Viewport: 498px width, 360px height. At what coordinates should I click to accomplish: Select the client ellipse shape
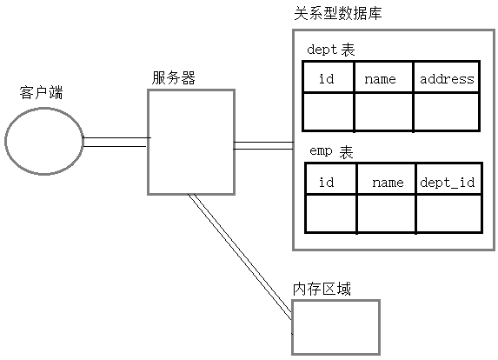point(43,142)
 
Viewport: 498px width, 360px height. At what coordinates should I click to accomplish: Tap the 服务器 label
point(173,77)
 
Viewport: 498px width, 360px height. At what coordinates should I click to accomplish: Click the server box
point(190,141)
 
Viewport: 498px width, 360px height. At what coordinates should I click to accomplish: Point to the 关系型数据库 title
point(337,15)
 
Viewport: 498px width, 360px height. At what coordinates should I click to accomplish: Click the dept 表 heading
point(331,50)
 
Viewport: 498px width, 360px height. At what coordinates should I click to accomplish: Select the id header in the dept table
point(327,79)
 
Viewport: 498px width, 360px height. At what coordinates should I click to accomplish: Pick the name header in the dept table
point(381,79)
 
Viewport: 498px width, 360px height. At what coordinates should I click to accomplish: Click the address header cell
point(447,79)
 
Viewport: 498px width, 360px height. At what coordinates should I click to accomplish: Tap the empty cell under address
point(447,111)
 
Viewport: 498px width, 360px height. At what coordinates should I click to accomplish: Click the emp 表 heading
point(331,151)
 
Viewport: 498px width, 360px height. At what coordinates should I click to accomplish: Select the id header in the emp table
point(327,183)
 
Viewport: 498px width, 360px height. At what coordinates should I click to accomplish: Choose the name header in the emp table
point(388,183)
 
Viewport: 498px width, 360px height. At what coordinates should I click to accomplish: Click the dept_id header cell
point(448,183)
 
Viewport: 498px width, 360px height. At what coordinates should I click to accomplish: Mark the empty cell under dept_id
point(448,213)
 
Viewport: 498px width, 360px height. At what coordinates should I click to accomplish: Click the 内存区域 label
point(322,289)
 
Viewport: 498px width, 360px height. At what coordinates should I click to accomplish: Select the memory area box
point(335,327)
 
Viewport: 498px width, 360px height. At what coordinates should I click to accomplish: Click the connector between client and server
point(115,142)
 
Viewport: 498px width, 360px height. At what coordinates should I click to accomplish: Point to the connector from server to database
point(263,145)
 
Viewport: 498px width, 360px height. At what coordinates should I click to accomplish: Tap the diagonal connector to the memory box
point(240,257)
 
